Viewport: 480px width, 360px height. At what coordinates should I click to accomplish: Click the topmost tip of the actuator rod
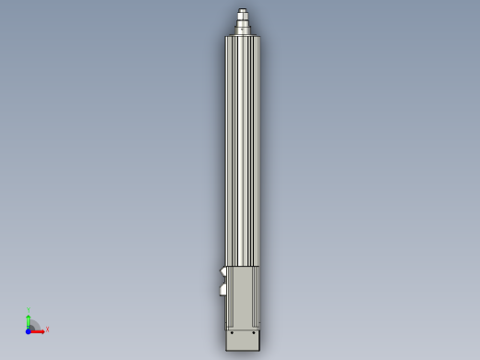[243, 10]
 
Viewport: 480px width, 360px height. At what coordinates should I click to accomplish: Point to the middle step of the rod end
[243, 19]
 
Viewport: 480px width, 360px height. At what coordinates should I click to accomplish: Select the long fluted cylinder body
[243, 148]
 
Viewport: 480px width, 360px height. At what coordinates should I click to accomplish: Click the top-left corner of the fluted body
[226, 37]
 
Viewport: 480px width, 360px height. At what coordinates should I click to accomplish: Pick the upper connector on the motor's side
[223, 271]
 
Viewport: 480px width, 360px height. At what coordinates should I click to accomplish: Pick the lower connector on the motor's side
[223, 290]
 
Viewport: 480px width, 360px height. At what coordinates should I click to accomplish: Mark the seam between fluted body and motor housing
[243, 267]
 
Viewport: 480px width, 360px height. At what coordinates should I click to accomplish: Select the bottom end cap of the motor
[244, 339]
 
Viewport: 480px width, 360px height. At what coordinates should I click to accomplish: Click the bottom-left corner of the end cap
[227, 350]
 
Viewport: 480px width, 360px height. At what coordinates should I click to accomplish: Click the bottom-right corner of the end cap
[260, 350]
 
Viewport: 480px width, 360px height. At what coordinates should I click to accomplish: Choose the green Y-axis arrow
[29, 318]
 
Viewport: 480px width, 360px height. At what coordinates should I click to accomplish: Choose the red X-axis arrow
[39, 330]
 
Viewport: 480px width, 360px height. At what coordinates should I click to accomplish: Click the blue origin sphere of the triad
[29, 330]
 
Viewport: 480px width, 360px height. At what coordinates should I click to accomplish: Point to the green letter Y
[29, 310]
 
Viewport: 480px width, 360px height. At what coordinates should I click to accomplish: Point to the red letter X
[47, 329]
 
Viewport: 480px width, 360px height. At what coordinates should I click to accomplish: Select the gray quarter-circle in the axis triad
[33, 325]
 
